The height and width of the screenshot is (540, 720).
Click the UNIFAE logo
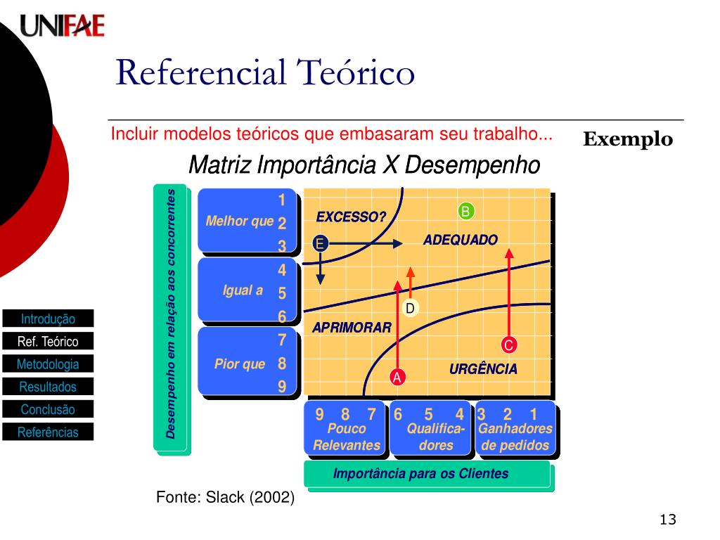62,26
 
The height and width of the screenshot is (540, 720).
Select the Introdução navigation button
48,319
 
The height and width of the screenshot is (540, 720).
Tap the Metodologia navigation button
48,364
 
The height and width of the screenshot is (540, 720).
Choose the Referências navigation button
48,432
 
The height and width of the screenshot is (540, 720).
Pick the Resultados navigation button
48,387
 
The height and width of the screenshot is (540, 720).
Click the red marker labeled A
397,378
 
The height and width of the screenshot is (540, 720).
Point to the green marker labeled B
465,211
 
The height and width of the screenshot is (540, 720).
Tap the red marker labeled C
509,345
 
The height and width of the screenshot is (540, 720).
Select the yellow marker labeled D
411,309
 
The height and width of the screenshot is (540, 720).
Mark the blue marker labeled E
320,244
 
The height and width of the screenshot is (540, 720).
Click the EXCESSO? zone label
351,217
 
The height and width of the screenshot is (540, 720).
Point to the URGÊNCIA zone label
483,368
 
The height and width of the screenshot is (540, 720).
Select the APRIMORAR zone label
352,327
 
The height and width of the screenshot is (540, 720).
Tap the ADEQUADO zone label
461,240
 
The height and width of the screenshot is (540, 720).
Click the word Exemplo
628,139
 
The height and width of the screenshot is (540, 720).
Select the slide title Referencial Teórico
265,72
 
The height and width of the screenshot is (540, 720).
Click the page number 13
667,520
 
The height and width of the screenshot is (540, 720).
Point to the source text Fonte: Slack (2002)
225,498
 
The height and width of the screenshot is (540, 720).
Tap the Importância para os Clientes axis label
420,473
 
